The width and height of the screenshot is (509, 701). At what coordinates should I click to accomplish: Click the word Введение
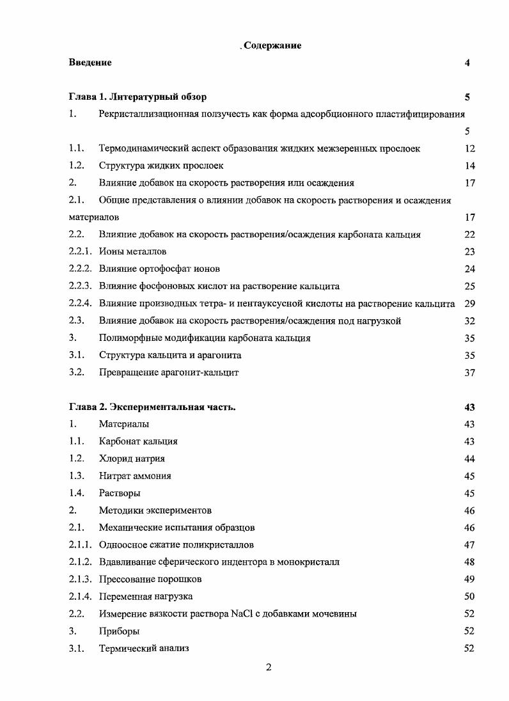pyautogui.click(x=90, y=63)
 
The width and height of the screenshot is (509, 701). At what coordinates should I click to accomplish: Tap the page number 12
pyautogui.click(x=470, y=148)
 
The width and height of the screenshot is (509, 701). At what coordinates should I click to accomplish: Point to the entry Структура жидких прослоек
pyautogui.click(x=161, y=166)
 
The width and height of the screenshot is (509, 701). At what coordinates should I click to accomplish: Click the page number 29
pyautogui.click(x=470, y=304)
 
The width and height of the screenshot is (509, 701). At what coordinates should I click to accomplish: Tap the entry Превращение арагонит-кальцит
pyautogui.click(x=169, y=373)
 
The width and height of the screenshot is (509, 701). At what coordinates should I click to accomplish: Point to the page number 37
pyautogui.click(x=470, y=373)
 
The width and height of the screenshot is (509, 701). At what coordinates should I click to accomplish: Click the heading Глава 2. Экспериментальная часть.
pyautogui.click(x=152, y=407)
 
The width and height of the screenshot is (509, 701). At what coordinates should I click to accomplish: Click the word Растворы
pyautogui.click(x=120, y=494)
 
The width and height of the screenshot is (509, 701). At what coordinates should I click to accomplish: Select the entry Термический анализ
pyautogui.click(x=144, y=649)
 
